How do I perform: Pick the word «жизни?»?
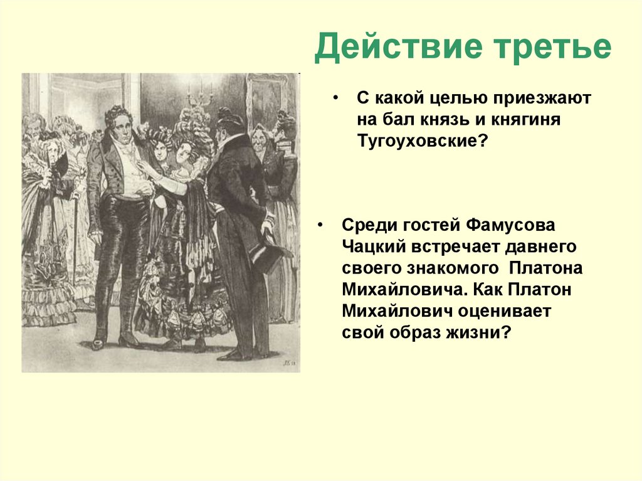point(483,333)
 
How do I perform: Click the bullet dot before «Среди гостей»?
point(321,225)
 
